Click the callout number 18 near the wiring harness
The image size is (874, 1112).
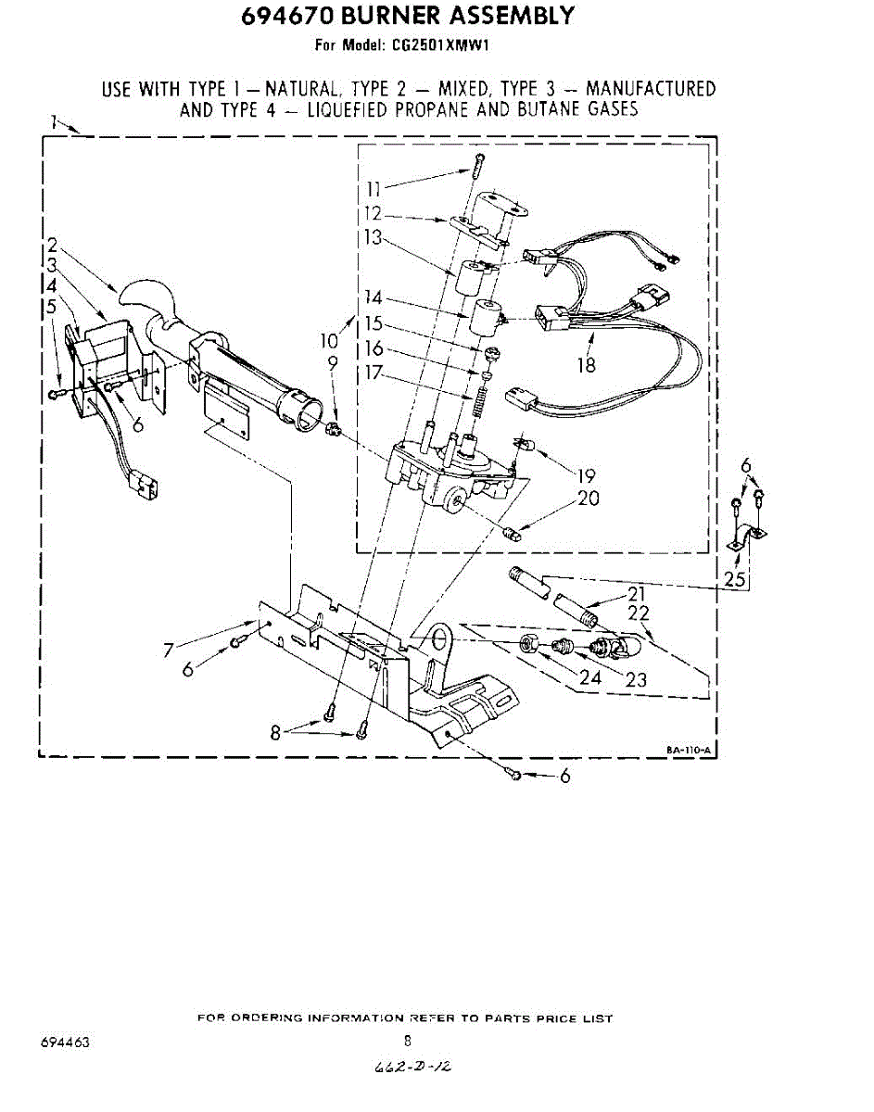pyautogui.click(x=586, y=364)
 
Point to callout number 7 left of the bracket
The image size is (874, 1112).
pyautogui.click(x=169, y=650)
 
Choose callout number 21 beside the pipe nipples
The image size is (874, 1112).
pyautogui.click(x=636, y=594)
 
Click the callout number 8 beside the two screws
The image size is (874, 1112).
pyautogui.click(x=275, y=731)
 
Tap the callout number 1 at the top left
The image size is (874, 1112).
pyautogui.click(x=55, y=120)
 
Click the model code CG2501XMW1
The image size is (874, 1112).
pyautogui.click(x=456, y=44)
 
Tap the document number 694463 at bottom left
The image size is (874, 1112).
pyautogui.click(x=65, y=1042)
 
